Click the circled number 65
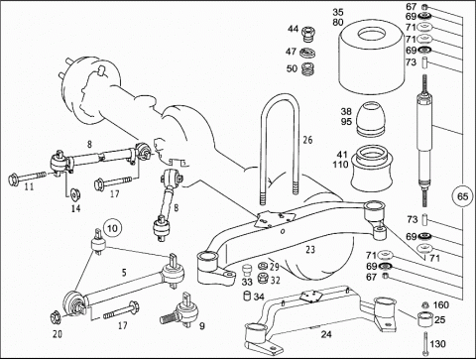tap(462, 196)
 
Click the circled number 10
tap(112, 228)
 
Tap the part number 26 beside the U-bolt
tap(307, 140)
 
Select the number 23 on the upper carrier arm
tap(310, 249)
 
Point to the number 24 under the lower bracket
tap(326, 334)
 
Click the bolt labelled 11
tap(27, 178)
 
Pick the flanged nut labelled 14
tap(75, 194)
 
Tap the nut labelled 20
tap(57, 317)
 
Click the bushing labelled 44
tap(309, 35)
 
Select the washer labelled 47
tap(308, 53)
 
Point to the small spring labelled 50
tap(307, 68)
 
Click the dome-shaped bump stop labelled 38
tap(371, 119)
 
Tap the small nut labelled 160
tap(426, 305)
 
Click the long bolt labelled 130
tap(425, 343)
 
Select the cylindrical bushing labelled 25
tap(425, 319)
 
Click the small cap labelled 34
tap(248, 296)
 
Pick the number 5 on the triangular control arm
tap(124, 273)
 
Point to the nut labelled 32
tap(263, 278)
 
